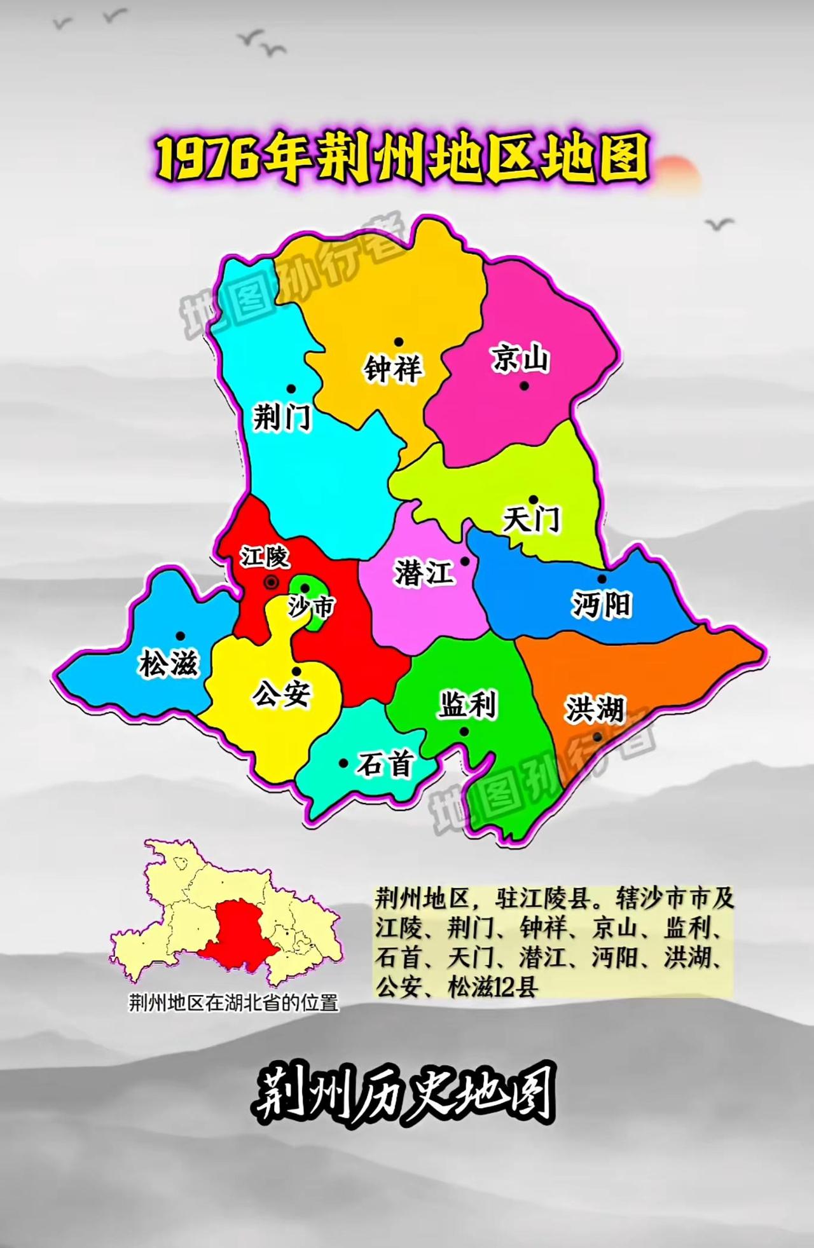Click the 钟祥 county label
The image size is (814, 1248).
tap(392, 369)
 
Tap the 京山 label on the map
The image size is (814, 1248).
tap(520, 359)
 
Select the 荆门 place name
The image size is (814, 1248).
tap(282, 417)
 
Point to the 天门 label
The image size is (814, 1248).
tap(531, 519)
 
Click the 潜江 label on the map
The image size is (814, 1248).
tap(424, 572)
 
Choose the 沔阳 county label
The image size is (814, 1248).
tap(601, 604)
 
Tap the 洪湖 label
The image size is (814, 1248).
tap(595, 709)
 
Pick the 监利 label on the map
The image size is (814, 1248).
tap(467, 705)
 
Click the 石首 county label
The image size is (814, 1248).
tap(385, 764)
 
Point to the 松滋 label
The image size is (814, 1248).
tap(169, 664)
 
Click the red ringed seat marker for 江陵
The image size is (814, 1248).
tap(272, 582)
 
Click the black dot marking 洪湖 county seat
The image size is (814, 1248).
tap(597, 737)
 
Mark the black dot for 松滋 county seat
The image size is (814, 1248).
tap(181, 636)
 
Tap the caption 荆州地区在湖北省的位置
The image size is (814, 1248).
tap(233, 1003)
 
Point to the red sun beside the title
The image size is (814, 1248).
tap(677, 173)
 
